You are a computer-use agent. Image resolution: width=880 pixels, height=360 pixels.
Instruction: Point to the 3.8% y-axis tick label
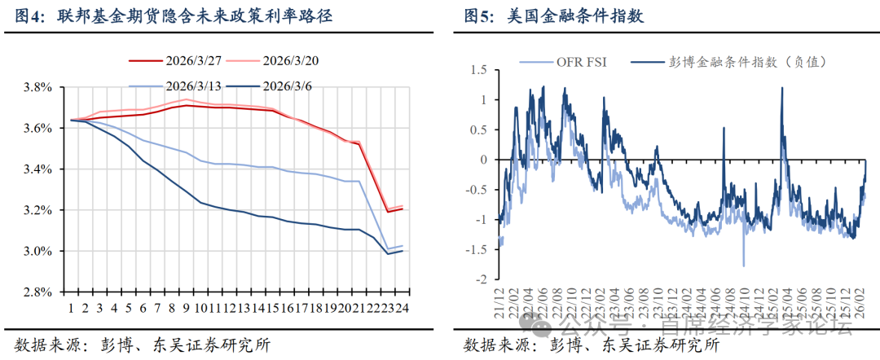point(39,87)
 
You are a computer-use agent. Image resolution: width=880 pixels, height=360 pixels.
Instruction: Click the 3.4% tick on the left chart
point(39,169)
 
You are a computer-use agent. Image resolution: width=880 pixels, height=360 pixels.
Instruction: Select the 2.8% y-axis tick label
point(39,292)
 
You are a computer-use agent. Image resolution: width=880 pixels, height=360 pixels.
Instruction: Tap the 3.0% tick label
point(39,251)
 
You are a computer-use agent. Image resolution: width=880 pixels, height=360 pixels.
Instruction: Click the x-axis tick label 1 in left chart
point(72,309)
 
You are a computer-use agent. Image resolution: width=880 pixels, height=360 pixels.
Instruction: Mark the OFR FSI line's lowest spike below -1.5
point(743,266)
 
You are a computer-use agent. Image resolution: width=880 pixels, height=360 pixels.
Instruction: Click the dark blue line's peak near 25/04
point(782,88)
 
